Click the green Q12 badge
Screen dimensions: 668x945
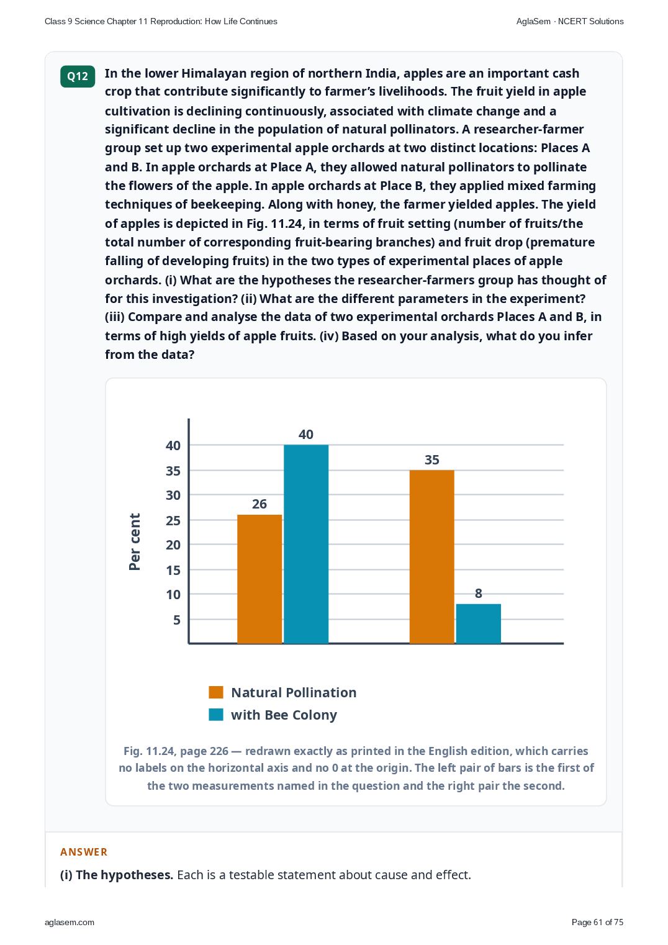point(78,76)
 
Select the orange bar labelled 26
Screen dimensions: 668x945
point(260,579)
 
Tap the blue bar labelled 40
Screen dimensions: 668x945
point(305,545)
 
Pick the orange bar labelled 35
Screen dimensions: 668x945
point(432,557)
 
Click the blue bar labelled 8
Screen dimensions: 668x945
point(478,624)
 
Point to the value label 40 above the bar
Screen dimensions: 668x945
point(305,435)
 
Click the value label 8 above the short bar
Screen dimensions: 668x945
point(478,594)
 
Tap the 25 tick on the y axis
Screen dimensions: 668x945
point(173,520)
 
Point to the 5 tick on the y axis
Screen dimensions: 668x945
point(177,620)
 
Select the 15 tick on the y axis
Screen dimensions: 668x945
point(173,571)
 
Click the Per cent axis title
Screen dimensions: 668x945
point(135,542)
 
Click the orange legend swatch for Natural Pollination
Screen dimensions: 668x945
point(216,692)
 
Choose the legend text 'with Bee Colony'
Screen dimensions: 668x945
point(284,715)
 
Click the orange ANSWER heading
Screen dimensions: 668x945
point(83,852)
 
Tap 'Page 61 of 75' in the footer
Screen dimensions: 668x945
point(597,922)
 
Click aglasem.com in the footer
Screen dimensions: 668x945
point(70,923)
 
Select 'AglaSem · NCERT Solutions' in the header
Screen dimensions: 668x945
point(570,22)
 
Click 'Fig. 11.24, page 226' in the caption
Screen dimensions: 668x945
point(176,751)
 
